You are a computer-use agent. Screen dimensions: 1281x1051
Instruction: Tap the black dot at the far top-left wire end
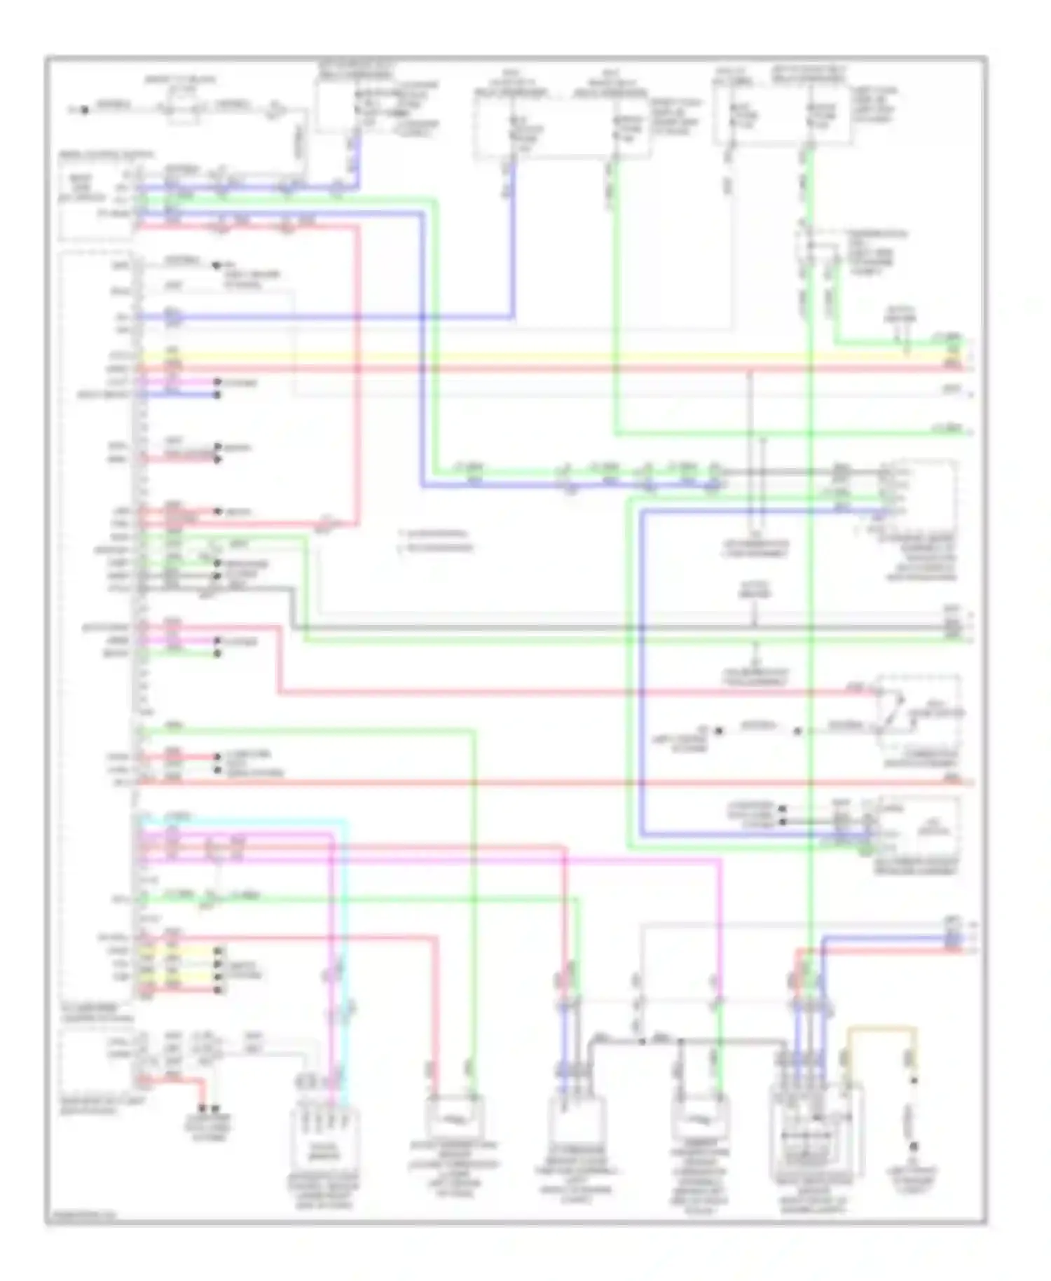coord(84,109)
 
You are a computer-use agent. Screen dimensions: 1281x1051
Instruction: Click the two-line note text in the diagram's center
coord(434,540)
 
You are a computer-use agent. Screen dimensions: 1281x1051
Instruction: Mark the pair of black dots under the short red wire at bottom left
coord(208,1109)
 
